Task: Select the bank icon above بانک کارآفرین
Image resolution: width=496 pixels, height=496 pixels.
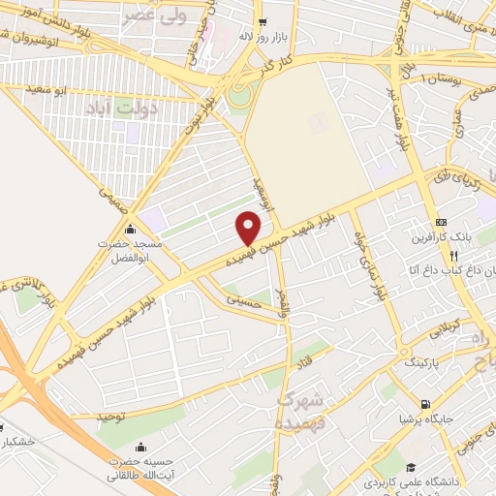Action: coord(441,219)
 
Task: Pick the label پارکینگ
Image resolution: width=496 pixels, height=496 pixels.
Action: coord(419,362)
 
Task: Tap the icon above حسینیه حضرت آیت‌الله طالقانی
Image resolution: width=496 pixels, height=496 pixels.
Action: coord(142,448)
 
